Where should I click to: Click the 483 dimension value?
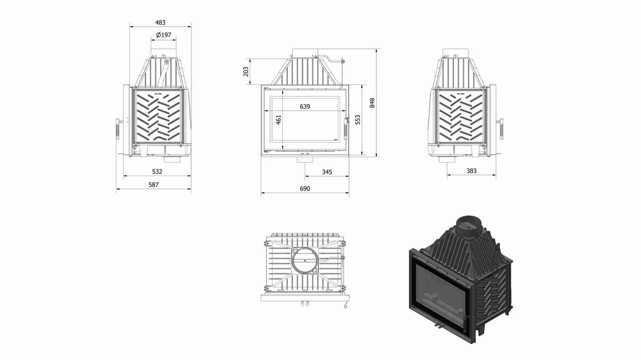(160, 22)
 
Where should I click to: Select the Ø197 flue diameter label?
(164, 35)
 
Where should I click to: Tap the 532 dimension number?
(157, 171)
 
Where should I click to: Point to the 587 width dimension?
(154, 185)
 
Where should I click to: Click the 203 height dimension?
(246, 72)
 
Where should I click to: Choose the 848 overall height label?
(372, 103)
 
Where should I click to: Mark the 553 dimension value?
(358, 120)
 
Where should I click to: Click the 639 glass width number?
(305, 106)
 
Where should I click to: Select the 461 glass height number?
(279, 120)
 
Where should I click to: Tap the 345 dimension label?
(327, 172)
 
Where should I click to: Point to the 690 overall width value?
(305, 189)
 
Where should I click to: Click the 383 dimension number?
(471, 171)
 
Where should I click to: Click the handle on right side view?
(501, 129)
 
